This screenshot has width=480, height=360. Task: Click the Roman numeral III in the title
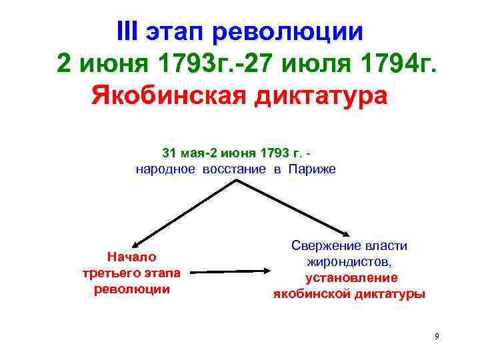tap(129, 31)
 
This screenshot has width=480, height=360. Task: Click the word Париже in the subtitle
tap(312, 169)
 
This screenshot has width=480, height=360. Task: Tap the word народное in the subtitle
tap(165, 169)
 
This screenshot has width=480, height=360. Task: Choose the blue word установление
tap(351, 277)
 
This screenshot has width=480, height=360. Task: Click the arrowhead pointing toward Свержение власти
tap(346, 234)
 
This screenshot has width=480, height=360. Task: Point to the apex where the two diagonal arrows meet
tap(234, 181)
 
